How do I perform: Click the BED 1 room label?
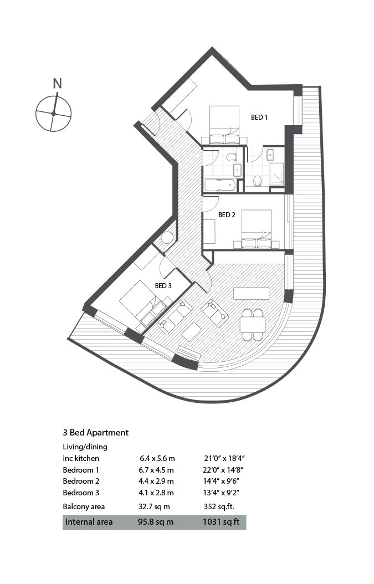(259, 117)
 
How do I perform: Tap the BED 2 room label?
(227, 215)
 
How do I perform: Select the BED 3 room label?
(163, 286)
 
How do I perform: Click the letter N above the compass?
(57, 84)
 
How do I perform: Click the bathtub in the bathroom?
(220, 185)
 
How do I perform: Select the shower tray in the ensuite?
(277, 173)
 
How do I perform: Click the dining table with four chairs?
(253, 324)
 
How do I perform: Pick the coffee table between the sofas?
(192, 331)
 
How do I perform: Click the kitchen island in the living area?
(252, 294)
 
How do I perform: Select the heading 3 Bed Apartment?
(96, 432)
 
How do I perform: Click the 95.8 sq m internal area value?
(156, 522)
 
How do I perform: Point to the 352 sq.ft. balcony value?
(219, 506)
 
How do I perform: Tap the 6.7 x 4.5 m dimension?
(156, 470)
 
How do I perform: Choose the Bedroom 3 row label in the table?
(81, 493)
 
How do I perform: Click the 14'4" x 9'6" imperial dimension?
(221, 481)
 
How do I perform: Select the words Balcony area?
(84, 507)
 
